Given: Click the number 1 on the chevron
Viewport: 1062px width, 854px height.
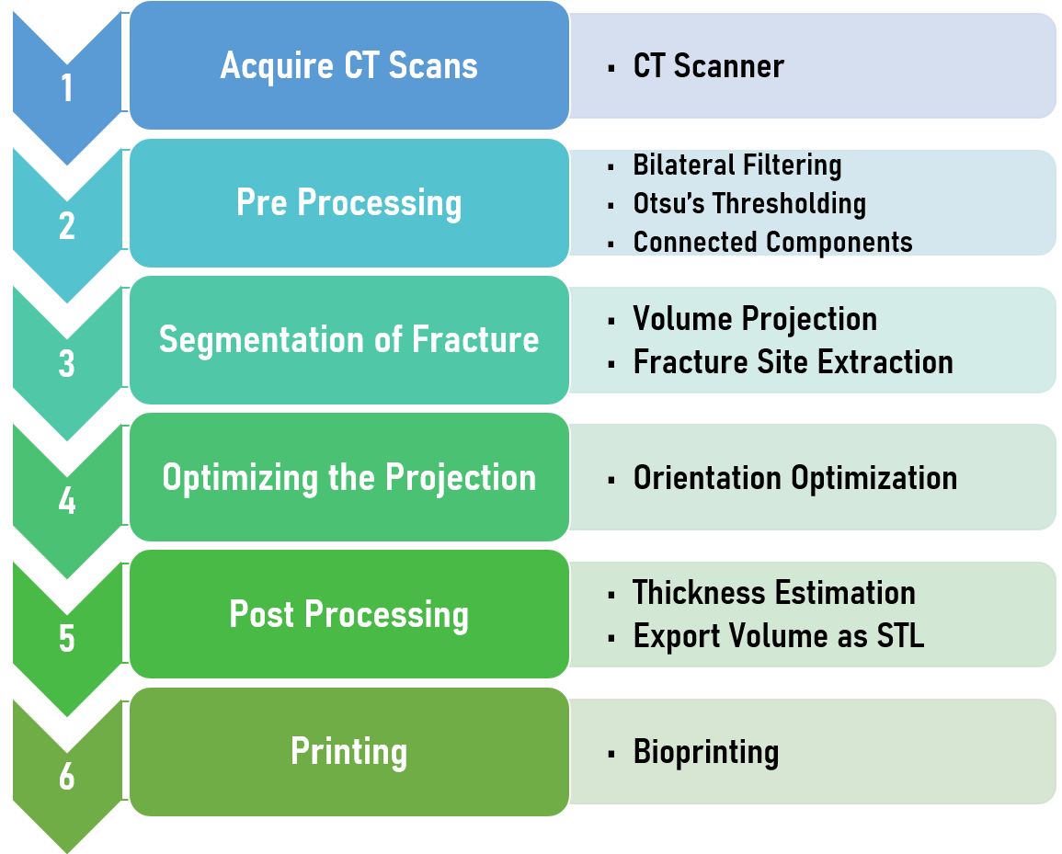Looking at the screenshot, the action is click(67, 88).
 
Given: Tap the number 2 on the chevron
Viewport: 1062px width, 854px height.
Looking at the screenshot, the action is click(67, 225).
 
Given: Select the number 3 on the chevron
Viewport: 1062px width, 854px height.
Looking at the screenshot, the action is click(67, 364).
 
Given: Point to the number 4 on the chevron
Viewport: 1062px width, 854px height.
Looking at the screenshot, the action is click(67, 501).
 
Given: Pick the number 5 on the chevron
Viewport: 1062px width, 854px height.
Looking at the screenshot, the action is click(67, 639).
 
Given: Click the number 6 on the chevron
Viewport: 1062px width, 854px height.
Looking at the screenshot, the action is click(67, 776).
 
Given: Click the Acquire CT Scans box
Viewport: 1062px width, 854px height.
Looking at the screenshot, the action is click(348, 65).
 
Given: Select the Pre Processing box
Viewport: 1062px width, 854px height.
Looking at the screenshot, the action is click(348, 203).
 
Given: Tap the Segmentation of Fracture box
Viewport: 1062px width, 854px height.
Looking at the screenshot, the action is click(348, 340).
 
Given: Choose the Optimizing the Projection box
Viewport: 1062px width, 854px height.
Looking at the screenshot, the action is click(348, 477).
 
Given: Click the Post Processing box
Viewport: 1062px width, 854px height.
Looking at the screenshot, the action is click(348, 614).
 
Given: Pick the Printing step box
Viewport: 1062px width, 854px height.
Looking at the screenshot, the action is click(348, 752).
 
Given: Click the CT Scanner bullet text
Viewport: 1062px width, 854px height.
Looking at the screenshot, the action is click(708, 65).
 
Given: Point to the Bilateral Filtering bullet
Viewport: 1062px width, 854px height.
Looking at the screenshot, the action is click(737, 165).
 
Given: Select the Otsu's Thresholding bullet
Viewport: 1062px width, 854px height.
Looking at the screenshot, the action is click(749, 204).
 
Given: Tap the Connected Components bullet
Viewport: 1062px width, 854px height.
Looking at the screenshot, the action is click(772, 243).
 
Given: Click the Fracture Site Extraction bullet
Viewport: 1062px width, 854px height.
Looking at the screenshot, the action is click(794, 361).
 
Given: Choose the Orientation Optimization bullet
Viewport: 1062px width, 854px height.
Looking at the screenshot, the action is click(795, 478).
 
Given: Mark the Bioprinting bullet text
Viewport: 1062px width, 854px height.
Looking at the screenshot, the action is click(706, 752).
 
